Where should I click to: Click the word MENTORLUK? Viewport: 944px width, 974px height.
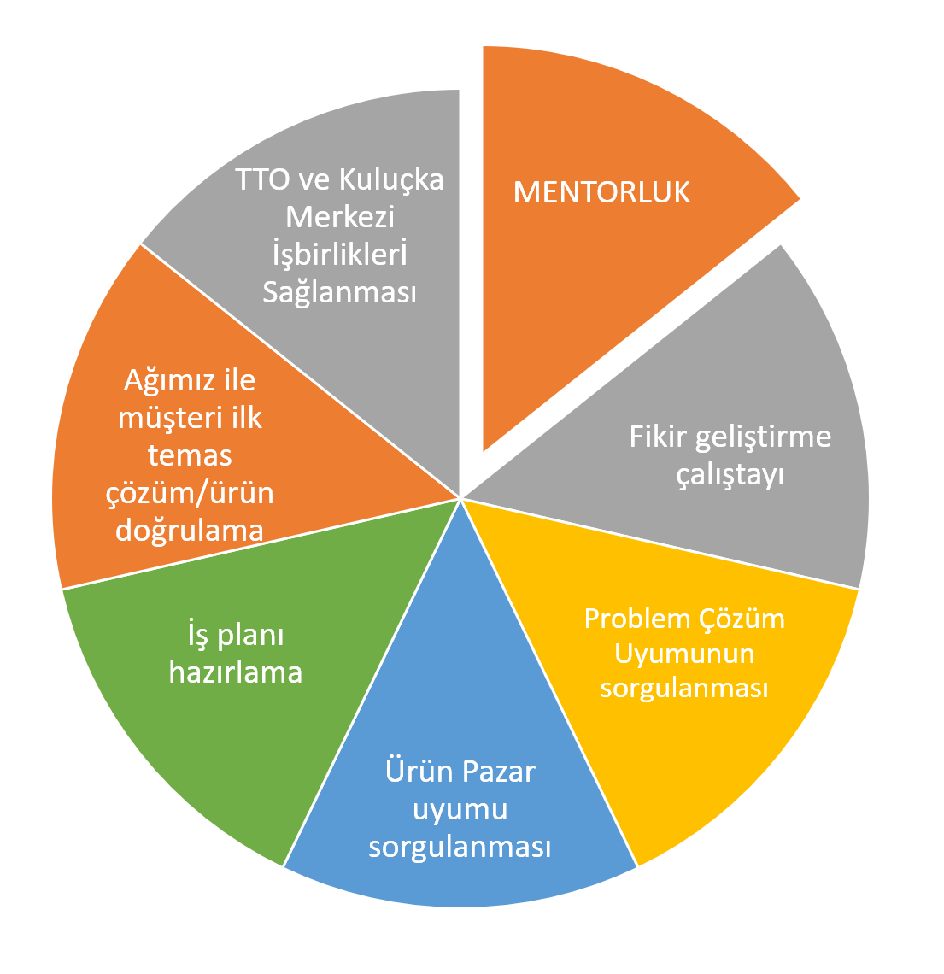point(601,192)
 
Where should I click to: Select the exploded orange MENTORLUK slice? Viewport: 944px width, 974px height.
point(598,282)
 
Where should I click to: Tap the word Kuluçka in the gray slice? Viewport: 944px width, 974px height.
point(391,180)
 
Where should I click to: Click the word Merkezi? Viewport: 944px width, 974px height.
point(340,217)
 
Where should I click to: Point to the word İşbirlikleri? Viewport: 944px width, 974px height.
point(339,255)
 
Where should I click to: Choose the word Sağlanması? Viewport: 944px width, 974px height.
point(339,292)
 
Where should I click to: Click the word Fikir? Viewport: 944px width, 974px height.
point(658,437)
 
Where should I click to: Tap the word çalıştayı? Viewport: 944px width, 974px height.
point(730,476)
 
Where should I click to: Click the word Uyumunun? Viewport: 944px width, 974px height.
point(684,654)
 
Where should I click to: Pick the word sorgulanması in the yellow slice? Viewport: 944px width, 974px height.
point(683,688)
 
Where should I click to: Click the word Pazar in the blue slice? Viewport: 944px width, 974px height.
point(499,772)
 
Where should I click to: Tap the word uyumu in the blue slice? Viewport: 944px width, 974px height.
point(460,809)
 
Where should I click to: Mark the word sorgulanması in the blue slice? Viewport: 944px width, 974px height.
point(460,847)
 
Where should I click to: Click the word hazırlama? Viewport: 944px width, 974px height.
point(236,672)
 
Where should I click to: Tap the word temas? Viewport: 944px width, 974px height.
point(190,455)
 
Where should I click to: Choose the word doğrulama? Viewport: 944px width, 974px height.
point(190,531)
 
